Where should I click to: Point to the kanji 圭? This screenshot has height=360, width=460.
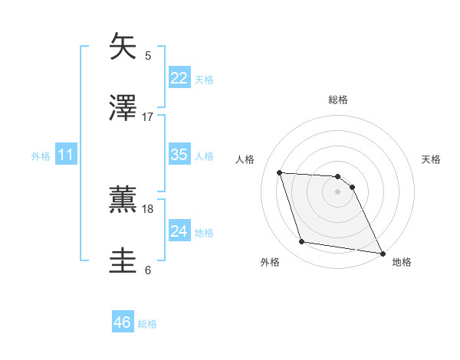tap(123, 261)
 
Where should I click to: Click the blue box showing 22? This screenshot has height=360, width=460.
tap(179, 78)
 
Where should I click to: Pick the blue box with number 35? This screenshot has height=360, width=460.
tap(179, 155)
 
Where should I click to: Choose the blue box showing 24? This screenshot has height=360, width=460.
tap(179, 231)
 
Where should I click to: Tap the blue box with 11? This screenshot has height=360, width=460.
tap(66, 155)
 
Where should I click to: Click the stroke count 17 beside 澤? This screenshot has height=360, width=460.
tap(148, 117)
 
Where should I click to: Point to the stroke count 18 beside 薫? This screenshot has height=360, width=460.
tap(148, 208)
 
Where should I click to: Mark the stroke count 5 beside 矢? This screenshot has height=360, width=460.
tap(148, 55)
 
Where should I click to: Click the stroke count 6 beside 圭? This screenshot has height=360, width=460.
tap(148, 270)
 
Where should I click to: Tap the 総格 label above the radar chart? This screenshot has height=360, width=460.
tap(338, 100)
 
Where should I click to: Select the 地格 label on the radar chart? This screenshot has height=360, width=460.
tap(402, 262)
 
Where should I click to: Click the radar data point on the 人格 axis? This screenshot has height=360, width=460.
tap(279, 172)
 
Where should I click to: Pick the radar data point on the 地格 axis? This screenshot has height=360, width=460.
tap(382, 253)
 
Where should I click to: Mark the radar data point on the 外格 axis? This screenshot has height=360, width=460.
tap(302, 242)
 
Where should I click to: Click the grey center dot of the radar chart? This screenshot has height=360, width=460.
tap(337, 191)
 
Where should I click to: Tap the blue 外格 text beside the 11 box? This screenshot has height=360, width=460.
tap(40, 155)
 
